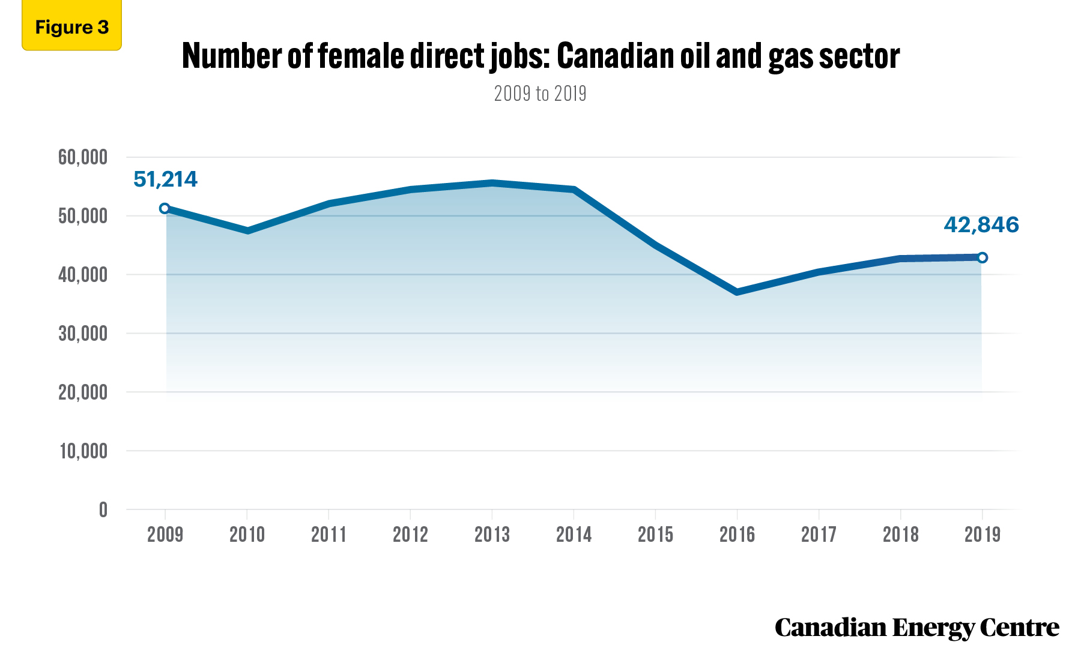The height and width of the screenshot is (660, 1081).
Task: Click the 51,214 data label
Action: tap(165, 179)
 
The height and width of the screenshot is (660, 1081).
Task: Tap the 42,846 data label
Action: tap(981, 225)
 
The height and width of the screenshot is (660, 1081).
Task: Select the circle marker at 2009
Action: tap(165, 208)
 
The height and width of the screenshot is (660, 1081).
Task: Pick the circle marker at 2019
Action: tap(983, 257)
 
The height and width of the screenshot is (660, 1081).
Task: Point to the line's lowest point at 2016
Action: tap(737, 292)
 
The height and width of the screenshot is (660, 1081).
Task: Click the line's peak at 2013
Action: tap(492, 183)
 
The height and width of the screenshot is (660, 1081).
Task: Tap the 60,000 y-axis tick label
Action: tap(83, 157)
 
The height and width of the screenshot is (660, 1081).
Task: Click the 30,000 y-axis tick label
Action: tap(83, 334)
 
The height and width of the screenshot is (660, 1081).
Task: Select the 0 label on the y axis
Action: tap(103, 510)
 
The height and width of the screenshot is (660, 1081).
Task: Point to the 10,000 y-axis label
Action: tap(83, 451)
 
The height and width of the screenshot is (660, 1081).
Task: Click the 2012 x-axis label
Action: tap(410, 534)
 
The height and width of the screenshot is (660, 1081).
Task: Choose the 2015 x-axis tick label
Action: tap(655, 534)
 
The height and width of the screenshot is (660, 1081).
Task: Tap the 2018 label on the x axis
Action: tap(900, 534)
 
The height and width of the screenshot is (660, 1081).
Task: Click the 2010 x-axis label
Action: tap(247, 534)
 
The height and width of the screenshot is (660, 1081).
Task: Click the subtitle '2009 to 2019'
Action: tap(540, 94)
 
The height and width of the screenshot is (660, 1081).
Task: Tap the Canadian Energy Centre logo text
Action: tap(916, 628)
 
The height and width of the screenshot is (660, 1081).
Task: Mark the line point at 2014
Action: tap(574, 190)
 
